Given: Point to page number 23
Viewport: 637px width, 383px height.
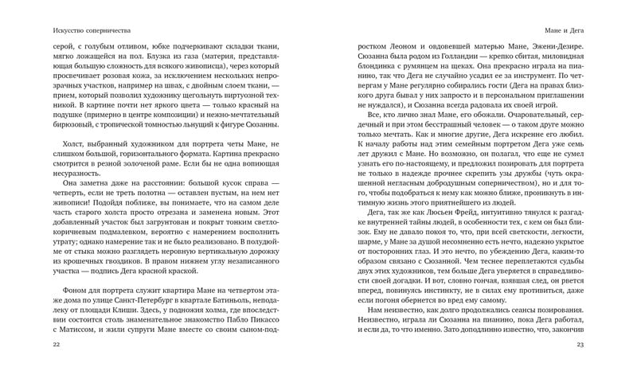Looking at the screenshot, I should [580, 344].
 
